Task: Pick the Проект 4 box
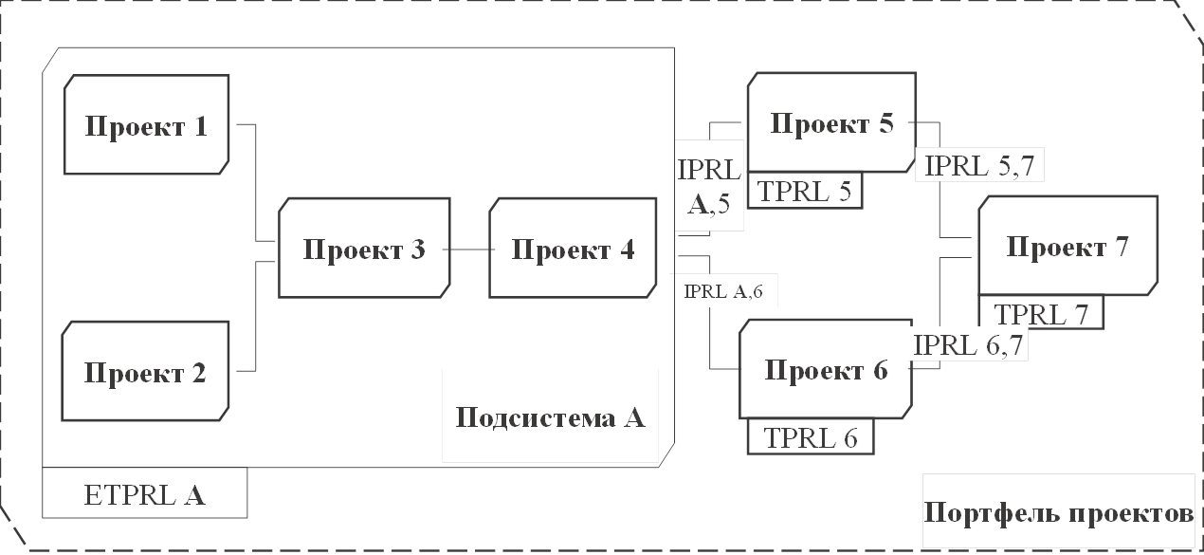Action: pos(573,249)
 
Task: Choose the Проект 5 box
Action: pos(831,123)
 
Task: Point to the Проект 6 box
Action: pos(826,369)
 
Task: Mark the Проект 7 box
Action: pos(1067,246)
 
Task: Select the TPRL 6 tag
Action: pos(811,436)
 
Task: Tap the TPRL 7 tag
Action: pos(1042,313)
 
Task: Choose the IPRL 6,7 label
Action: pos(968,344)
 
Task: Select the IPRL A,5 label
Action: pos(708,186)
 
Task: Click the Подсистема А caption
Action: pos(551,416)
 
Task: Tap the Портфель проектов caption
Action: pos(1058,513)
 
